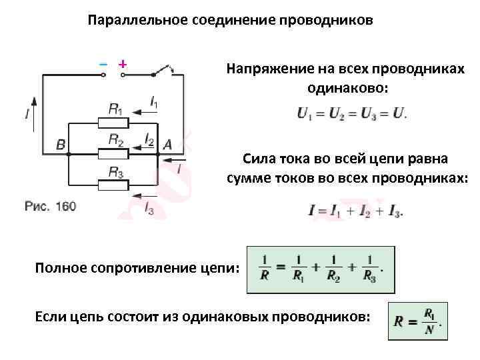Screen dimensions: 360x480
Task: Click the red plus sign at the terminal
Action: coord(122,64)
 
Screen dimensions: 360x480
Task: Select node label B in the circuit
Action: coord(61,144)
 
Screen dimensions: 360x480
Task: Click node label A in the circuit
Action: coord(167,144)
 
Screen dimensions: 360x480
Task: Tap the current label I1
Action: coord(154,103)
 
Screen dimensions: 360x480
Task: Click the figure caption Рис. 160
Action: coord(50,207)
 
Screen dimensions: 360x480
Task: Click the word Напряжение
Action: coord(261,69)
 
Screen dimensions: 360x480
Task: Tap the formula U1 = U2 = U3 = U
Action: coord(352,113)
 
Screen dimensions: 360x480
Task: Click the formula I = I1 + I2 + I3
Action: coord(356,211)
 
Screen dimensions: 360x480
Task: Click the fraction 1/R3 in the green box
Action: coord(369,269)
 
